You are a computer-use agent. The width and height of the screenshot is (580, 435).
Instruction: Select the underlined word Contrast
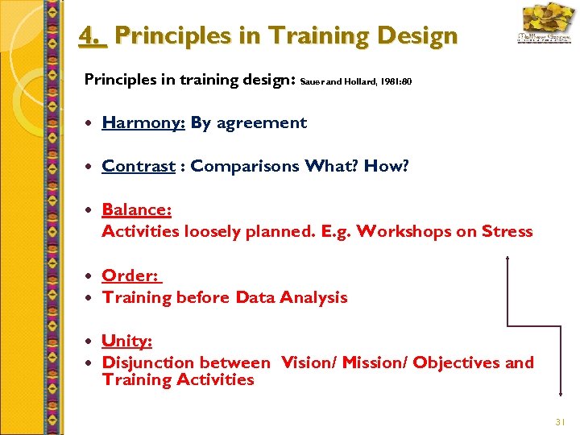(x=138, y=167)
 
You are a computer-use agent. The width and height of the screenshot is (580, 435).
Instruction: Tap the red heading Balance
(x=135, y=210)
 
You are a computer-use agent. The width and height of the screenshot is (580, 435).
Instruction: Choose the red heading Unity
(x=126, y=342)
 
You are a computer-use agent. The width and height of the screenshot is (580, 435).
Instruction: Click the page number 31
(x=561, y=422)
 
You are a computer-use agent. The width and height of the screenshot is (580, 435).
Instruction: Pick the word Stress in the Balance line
(x=507, y=232)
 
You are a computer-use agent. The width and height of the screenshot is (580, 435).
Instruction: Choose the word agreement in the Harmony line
(x=261, y=123)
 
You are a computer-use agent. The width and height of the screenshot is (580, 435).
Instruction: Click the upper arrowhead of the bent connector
(x=507, y=260)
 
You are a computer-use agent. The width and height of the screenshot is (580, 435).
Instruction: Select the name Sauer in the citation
(x=311, y=81)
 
